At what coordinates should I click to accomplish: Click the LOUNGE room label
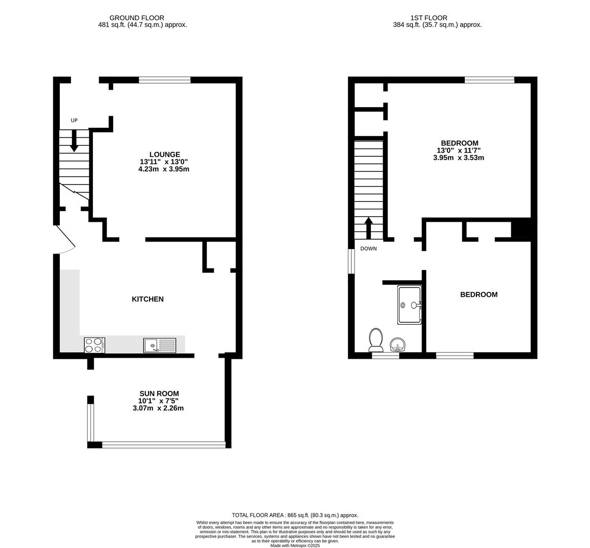coord(165,154)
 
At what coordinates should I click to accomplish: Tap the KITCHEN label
coord(148,299)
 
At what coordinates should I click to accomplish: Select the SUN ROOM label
coord(158,394)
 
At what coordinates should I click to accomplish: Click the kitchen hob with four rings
coord(94,345)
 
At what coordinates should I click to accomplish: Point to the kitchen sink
coord(159,346)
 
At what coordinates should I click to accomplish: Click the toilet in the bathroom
coord(376,339)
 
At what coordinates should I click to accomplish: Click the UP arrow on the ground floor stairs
coord(74,141)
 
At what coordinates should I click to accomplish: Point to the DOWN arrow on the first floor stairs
coord(368,228)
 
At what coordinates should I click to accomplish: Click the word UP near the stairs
coord(74,120)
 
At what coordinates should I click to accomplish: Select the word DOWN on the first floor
coord(368,249)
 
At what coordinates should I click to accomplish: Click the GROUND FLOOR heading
coord(136,18)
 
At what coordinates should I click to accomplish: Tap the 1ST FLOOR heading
coord(429,18)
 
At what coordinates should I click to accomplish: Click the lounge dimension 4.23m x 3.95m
coord(164,169)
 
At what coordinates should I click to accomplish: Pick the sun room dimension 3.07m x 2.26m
coord(158,408)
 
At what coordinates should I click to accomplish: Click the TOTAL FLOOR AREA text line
coord(295,515)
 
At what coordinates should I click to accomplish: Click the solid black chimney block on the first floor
coord(524,229)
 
